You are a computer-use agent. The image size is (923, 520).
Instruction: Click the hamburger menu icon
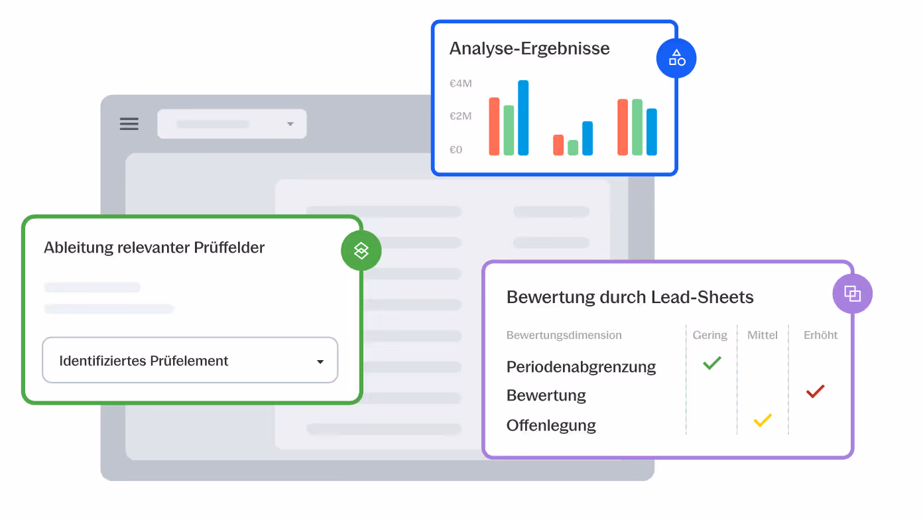(x=129, y=124)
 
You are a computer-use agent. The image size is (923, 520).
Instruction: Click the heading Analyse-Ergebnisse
(x=529, y=48)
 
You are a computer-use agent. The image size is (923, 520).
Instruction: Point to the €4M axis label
(x=461, y=84)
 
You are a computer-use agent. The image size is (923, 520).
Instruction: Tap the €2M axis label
(x=461, y=116)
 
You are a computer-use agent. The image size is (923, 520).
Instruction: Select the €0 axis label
(x=456, y=150)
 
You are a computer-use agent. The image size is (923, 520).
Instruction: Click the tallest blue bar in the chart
(x=523, y=117)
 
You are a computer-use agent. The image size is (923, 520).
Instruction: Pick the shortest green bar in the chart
(x=573, y=147)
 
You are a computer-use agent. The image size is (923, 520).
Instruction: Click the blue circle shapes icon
(x=676, y=58)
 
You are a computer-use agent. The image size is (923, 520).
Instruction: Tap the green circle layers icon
(x=361, y=250)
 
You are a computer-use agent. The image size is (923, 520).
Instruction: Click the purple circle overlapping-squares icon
(x=852, y=293)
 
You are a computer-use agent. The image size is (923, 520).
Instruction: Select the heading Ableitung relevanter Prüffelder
(x=154, y=248)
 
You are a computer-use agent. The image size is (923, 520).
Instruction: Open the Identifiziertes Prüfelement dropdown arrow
(x=320, y=361)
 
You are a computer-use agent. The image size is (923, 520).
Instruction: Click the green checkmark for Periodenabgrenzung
(x=711, y=363)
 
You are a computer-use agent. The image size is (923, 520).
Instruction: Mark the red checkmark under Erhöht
(x=815, y=391)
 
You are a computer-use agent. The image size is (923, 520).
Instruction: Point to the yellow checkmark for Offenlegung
(x=763, y=420)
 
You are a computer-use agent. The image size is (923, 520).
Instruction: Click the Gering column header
(x=709, y=335)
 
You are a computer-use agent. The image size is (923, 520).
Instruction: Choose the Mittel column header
(x=762, y=335)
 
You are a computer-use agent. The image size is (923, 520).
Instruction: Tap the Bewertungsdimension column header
(x=564, y=335)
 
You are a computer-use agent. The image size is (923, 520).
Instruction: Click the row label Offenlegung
(x=551, y=425)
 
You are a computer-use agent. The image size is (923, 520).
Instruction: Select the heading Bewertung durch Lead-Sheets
(x=630, y=297)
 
